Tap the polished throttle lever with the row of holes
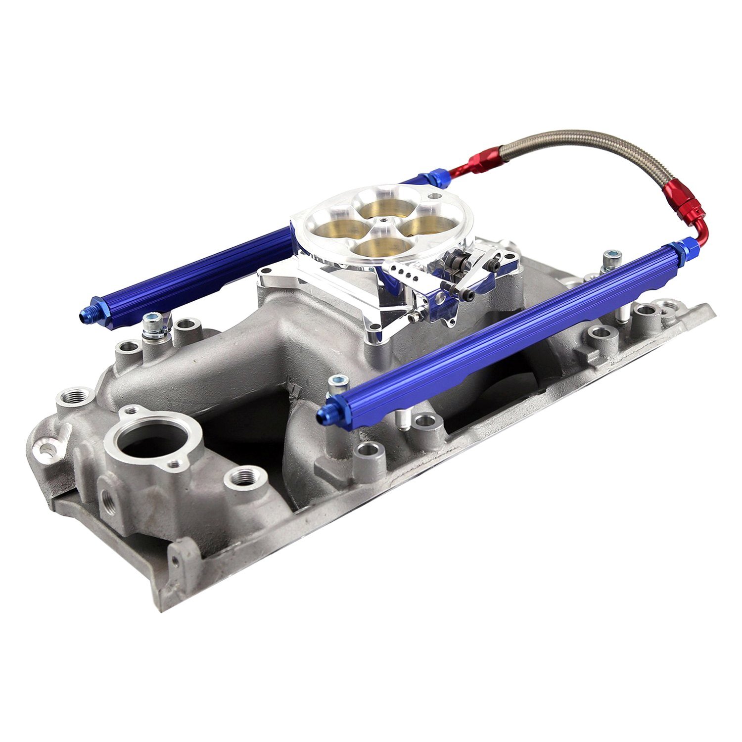[x=399, y=270]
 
